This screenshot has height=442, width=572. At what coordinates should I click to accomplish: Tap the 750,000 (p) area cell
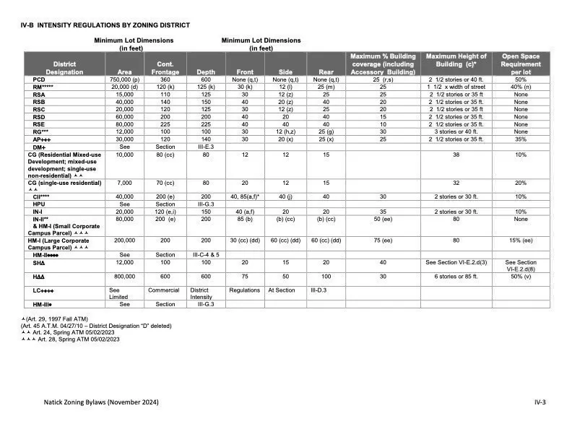coord(125,79)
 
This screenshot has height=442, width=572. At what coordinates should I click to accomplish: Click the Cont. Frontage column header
coord(165,68)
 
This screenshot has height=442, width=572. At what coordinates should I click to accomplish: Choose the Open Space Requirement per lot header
coord(521,64)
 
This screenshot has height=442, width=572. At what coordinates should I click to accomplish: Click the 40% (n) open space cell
coord(521,87)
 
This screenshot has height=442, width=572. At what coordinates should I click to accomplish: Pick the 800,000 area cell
coord(125,277)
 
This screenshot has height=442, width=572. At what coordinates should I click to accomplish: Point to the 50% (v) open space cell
coord(521,277)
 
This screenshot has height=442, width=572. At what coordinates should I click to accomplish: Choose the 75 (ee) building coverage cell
coord(383,240)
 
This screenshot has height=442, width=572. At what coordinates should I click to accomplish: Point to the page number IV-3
coord(539,402)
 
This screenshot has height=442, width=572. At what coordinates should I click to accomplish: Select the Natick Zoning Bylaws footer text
coord(101,402)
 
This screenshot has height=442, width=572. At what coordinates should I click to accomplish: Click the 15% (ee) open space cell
coord(521,240)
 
